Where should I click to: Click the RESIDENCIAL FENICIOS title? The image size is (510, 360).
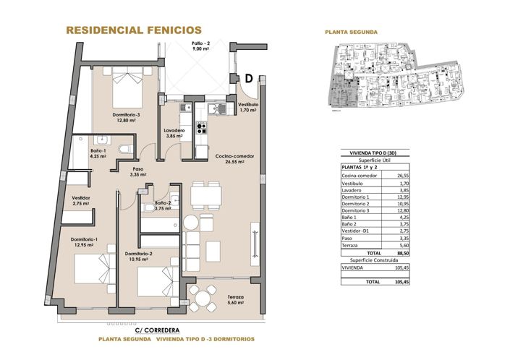pyautogui.click(x=133, y=30)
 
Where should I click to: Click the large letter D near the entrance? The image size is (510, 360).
pyautogui.click(x=247, y=79)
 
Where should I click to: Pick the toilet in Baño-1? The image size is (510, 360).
pyautogui.click(x=126, y=150)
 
